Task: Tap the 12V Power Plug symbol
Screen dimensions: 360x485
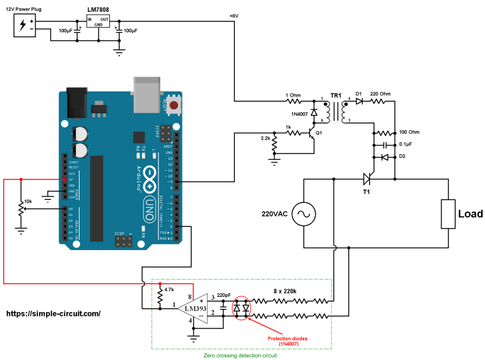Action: (24, 25)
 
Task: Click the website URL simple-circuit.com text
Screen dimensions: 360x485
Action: (53, 313)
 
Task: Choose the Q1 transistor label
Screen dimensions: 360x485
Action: (319, 133)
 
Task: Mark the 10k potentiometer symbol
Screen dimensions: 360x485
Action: (21, 208)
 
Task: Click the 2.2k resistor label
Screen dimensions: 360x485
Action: (264, 138)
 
